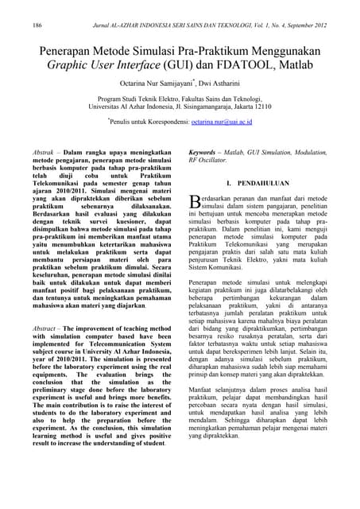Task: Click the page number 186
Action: [x=37, y=25]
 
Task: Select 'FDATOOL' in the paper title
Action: [x=251, y=68]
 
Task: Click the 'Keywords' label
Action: [x=204, y=150]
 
